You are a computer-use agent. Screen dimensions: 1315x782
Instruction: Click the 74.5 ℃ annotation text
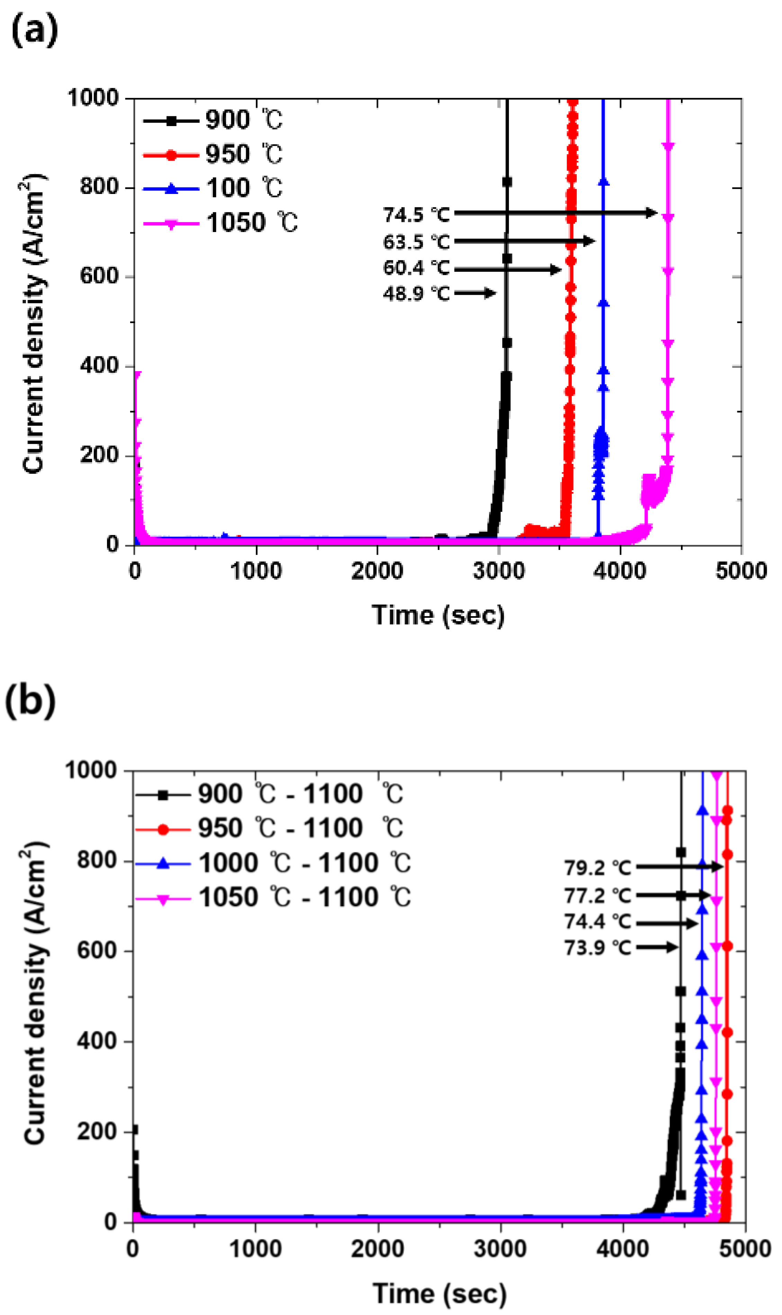pyautogui.click(x=416, y=214)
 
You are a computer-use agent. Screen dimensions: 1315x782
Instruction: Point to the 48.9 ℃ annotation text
pyautogui.click(x=416, y=293)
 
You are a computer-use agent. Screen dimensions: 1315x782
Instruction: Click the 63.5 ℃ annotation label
pyautogui.click(x=416, y=242)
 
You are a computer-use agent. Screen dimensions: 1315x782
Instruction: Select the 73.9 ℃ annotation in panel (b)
pyautogui.click(x=597, y=948)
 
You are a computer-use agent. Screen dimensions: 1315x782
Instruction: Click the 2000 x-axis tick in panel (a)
pyautogui.click(x=377, y=571)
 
